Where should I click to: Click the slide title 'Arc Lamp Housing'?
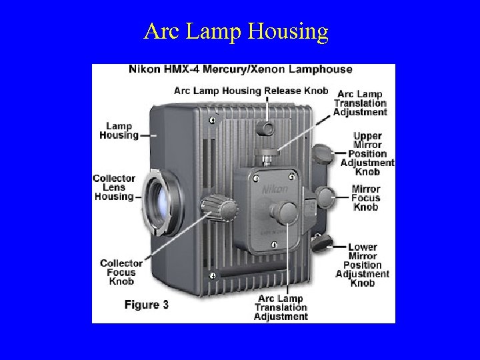tap(236, 31)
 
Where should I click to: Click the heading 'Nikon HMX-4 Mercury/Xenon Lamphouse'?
tap(240, 69)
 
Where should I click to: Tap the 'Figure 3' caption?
tap(146, 305)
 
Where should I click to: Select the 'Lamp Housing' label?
tap(119, 130)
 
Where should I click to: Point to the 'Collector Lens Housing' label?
tap(114, 187)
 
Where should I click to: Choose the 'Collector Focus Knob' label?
tap(121, 272)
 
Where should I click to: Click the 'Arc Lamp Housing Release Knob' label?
tap(251, 91)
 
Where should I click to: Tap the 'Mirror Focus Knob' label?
tap(366, 198)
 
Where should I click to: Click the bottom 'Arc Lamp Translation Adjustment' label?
tap(281, 307)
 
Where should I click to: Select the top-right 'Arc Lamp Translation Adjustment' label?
tap(360, 103)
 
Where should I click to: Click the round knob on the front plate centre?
tap(285, 213)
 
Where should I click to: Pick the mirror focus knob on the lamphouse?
tap(327, 197)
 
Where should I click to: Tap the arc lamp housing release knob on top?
tap(267, 126)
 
